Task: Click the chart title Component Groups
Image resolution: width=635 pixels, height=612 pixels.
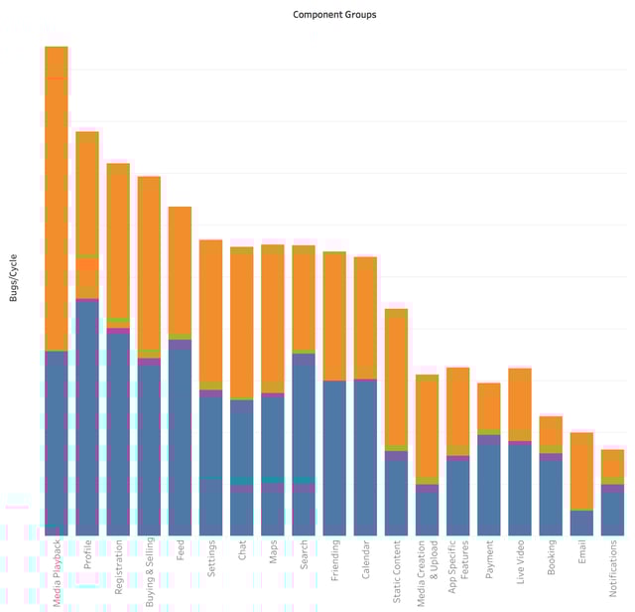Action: pos(334,15)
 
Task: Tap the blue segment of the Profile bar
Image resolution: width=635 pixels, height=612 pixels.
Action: pos(87,417)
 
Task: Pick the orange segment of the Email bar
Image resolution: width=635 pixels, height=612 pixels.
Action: pos(582,471)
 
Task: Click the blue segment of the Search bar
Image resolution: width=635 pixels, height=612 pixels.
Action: pos(304,417)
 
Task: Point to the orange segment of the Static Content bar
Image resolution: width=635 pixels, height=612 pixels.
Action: pos(397,378)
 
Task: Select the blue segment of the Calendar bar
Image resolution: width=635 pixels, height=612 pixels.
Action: pos(366,457)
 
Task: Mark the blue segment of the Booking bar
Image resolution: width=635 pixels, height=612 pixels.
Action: pos(551,497)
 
